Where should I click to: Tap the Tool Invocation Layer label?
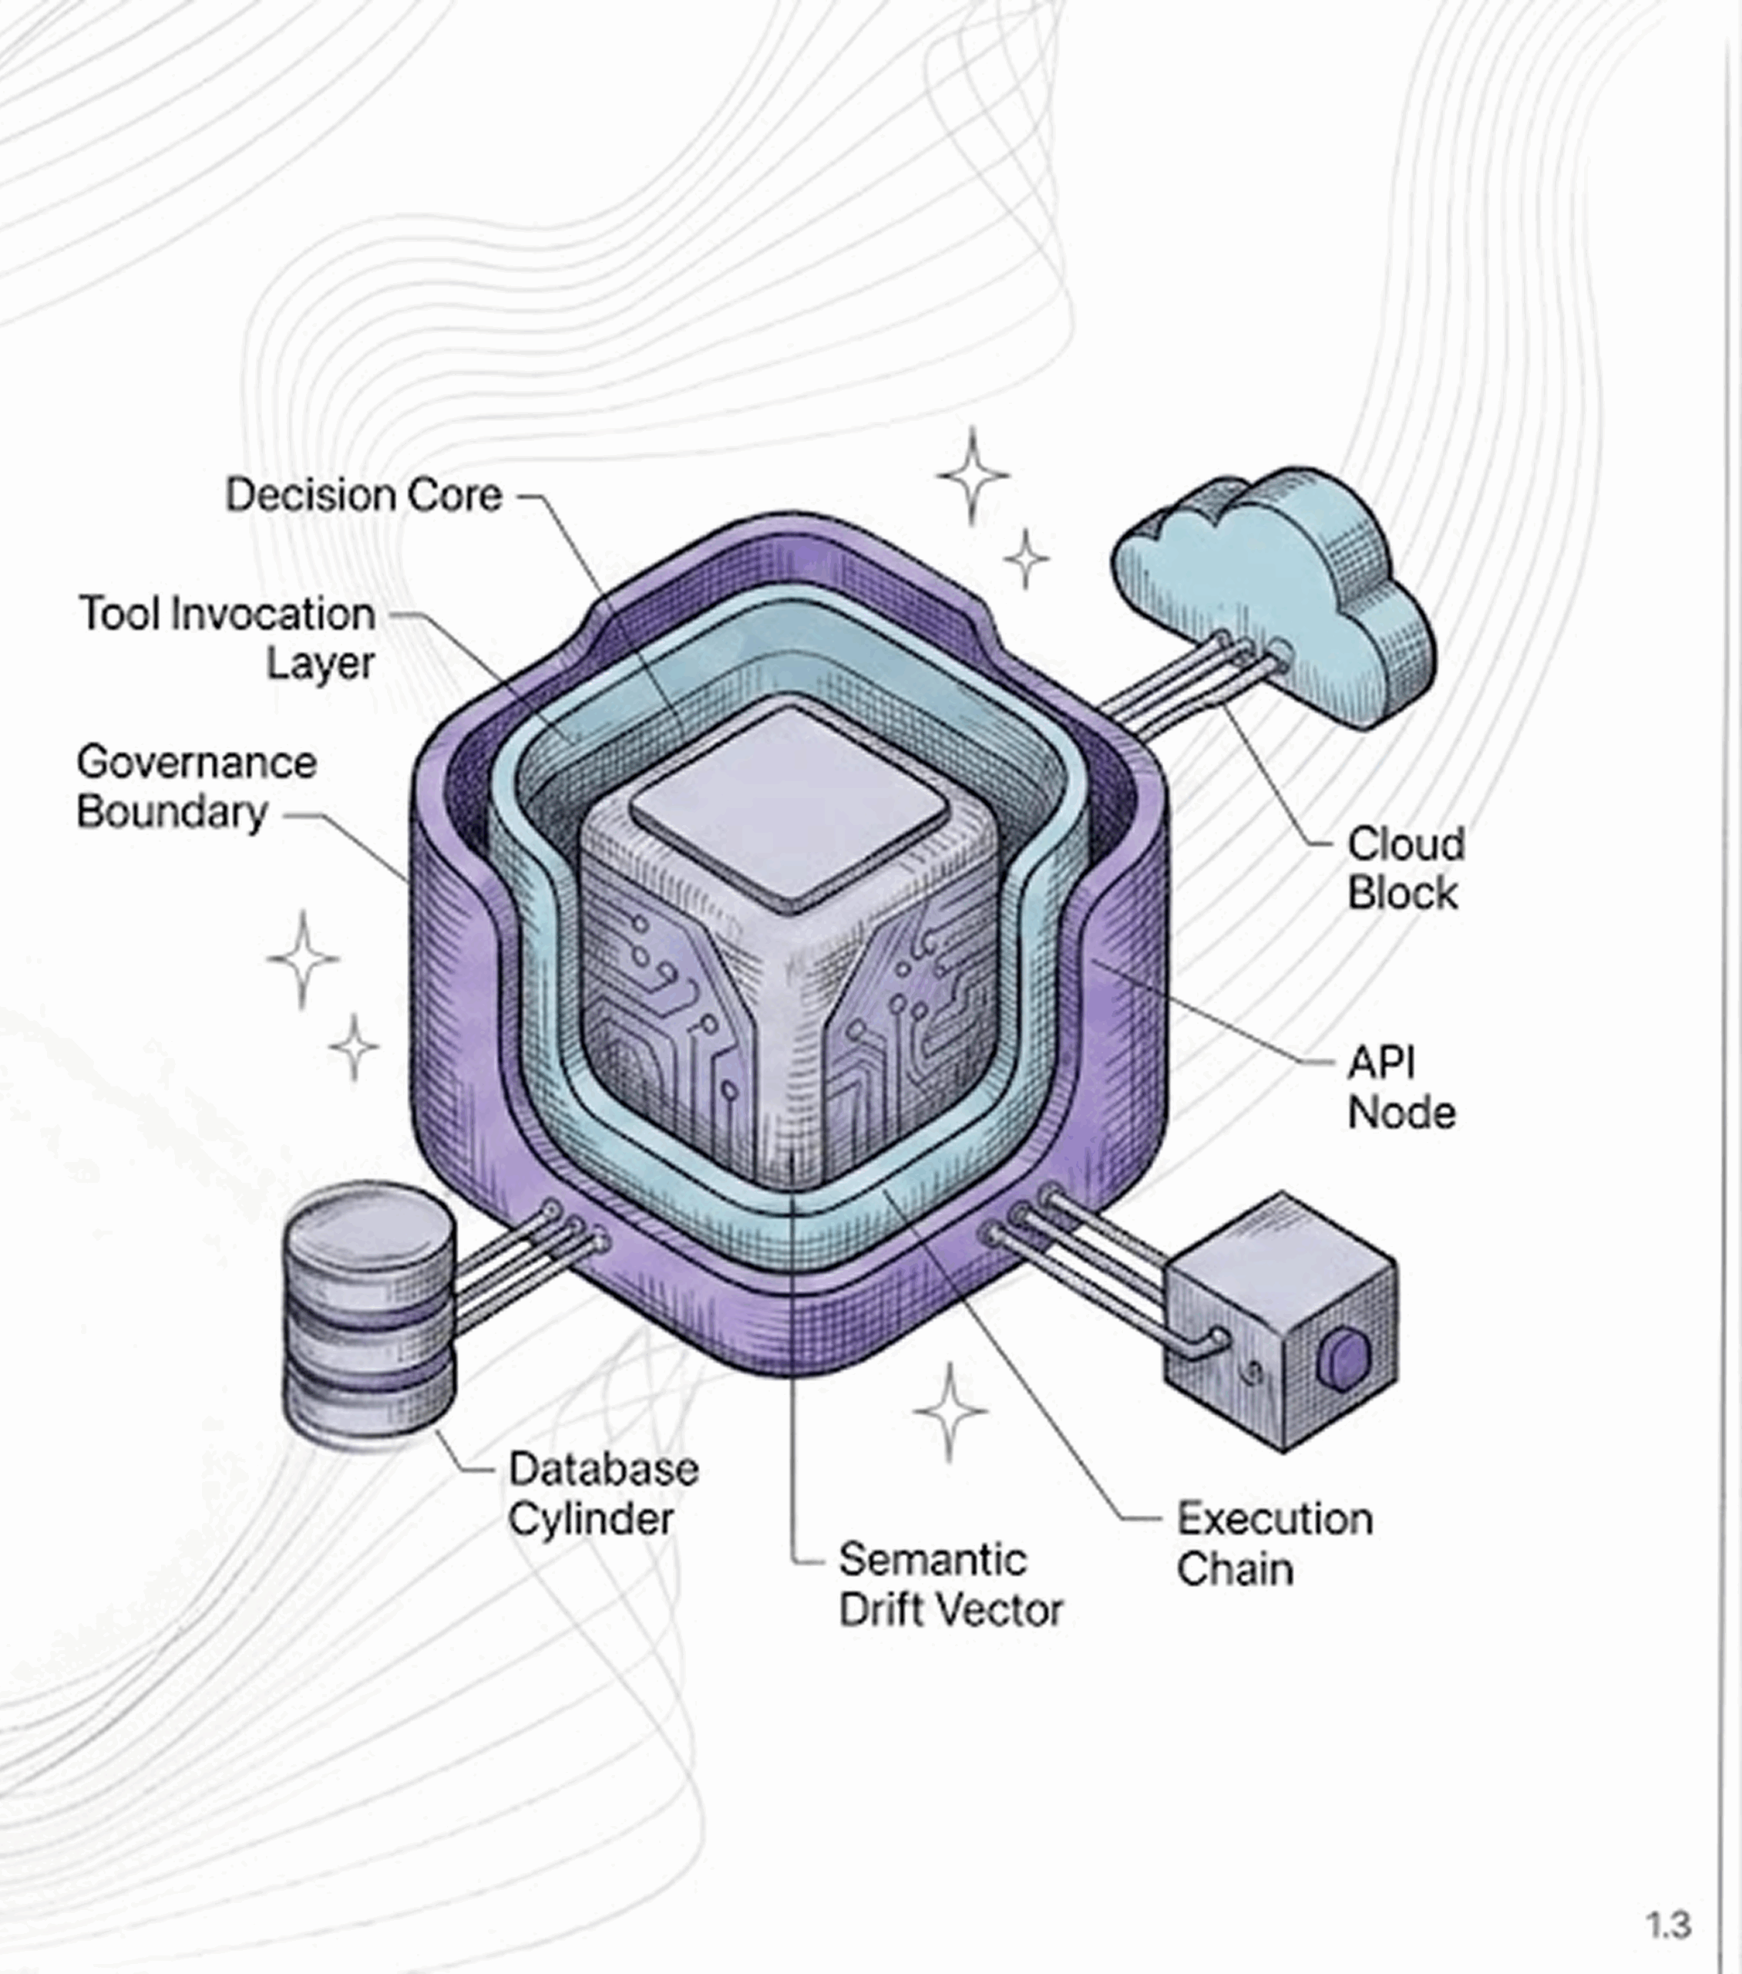coord(228,638)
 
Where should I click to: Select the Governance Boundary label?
coord(196,787)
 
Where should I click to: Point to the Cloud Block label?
coord(1405,868)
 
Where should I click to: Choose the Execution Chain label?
coord(1273,1543)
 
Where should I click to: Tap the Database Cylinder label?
coord(603,1494)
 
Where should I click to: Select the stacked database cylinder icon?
coord(369,1319)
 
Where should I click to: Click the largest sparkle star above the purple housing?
coord(974,475)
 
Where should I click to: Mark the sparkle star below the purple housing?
coord(950,1411)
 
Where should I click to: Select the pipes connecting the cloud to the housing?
coord(1188,681)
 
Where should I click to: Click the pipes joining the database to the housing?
coord(521,1265)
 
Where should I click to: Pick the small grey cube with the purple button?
coord(1280,1323)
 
